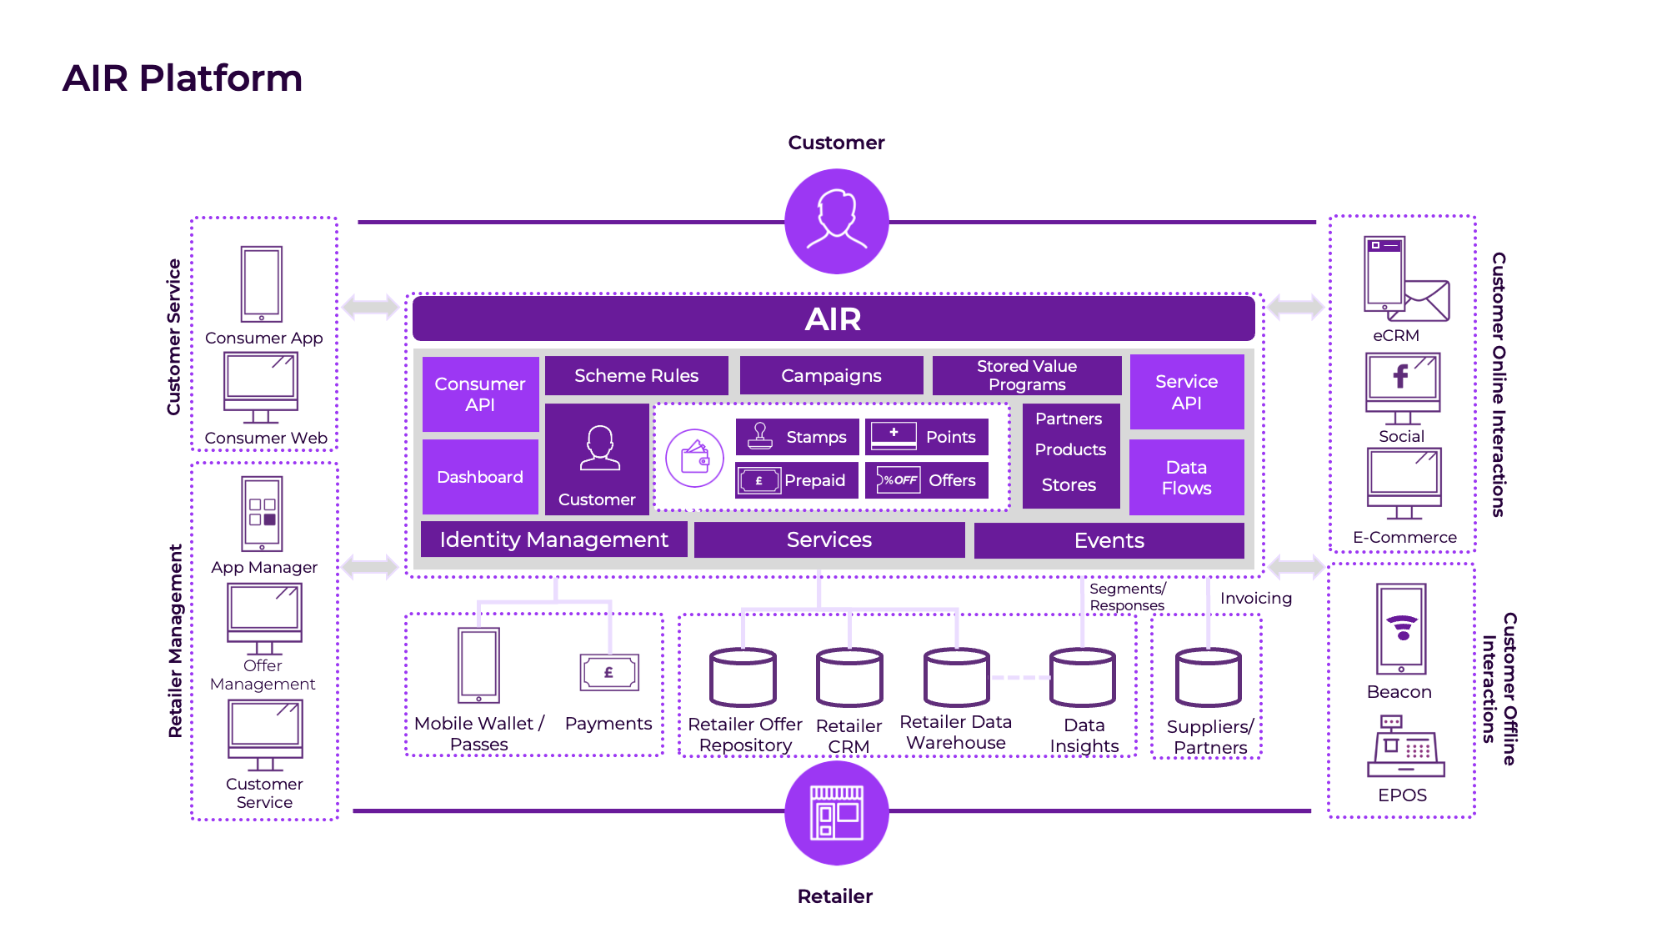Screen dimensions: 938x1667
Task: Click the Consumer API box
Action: pos(480,394)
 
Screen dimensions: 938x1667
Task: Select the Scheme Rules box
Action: pos(636,376)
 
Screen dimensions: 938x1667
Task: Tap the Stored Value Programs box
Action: pos(1026,376)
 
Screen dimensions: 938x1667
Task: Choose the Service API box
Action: pos(1186,392)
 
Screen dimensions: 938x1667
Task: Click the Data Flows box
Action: pos(1186,477)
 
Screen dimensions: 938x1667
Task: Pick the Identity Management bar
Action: pos(553,539)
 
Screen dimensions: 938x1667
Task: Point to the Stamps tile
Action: pos(797,437)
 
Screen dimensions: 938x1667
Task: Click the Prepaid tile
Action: pos(797,480)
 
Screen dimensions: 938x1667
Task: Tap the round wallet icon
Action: pos(694,458)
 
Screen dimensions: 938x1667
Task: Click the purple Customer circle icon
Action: pos(836,221)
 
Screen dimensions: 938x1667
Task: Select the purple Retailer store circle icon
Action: pos(836,812)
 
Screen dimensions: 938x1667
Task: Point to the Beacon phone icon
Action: pos(1401,629)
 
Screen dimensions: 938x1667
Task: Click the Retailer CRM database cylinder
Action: pos(849,677)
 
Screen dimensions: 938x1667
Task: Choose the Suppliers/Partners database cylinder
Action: pos(1208,677)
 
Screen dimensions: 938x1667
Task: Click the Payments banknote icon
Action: pos(609,672)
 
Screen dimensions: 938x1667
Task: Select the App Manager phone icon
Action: pos(262,514)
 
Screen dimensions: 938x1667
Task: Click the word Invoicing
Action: pos(1255,598)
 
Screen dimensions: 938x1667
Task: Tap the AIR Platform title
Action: pos(182,78)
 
